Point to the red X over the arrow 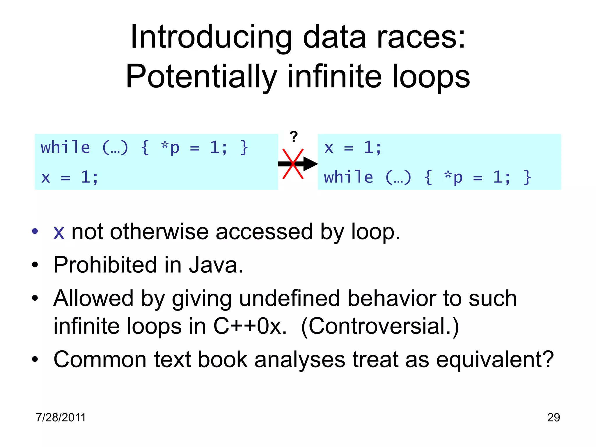293,164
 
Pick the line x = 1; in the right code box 353,148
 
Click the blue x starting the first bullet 59,233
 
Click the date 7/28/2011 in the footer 61,417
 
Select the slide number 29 553,417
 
